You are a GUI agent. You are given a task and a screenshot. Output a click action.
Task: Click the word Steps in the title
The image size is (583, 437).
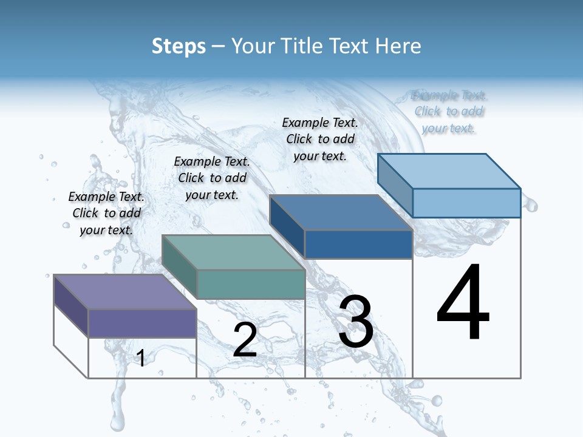tap(179, 46)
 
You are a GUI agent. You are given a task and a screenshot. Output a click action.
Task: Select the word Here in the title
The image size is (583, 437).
tap(398, 46)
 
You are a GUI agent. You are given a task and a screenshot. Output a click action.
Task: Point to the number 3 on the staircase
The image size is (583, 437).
tap(356, 321)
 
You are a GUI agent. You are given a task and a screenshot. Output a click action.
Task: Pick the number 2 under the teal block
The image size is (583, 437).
tap(245, 340)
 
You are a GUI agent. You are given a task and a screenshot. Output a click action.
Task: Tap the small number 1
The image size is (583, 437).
tap(141, 359)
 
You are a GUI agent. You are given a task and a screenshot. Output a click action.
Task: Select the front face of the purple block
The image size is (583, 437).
tap(142, 323)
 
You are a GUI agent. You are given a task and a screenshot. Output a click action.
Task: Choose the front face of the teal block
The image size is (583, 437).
tap(250, 284)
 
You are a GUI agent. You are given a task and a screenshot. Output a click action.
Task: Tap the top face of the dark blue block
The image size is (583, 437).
tap(341, 213)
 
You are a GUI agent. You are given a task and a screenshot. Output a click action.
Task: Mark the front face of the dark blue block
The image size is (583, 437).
tap(358, 244)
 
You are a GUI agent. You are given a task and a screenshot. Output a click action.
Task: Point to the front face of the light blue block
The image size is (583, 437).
tap(466, 203)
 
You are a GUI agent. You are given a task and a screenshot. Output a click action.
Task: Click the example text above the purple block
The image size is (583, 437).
tap(106, 213)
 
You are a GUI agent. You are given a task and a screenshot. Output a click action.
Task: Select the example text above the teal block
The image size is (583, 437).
tap(212, 178)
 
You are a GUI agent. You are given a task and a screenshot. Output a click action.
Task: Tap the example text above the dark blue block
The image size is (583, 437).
tap(320, 139)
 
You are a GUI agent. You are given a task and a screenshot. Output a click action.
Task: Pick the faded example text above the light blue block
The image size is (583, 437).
tap(449, 111)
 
